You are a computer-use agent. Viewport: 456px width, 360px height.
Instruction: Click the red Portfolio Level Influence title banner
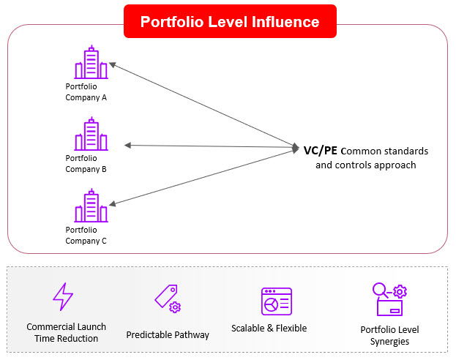click(229, 21)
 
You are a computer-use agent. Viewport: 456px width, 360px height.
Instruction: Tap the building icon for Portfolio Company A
click(91, 63)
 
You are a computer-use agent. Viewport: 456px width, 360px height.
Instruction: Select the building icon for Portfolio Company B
click(91, 135)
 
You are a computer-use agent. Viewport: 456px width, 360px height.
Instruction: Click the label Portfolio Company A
click(86, 91)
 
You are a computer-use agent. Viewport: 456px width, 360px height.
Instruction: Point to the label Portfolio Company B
click(86, 163)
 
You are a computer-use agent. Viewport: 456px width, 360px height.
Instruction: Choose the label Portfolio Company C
click(86, 235)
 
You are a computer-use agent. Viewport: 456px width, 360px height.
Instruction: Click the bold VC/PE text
click(321, 151)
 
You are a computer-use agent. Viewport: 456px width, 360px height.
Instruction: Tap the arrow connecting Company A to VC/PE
click(201, 105)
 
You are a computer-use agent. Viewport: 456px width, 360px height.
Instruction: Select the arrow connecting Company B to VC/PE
click(209, 146)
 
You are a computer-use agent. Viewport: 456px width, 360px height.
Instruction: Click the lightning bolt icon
click(63, 296)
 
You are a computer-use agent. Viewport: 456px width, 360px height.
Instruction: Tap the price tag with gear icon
click(167, 298)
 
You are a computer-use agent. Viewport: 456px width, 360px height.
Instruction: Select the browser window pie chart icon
click(276, 301)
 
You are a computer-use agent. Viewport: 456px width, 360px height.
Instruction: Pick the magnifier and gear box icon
click(389, 301)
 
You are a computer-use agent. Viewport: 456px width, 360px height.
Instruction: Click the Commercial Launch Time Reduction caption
click(66, 332)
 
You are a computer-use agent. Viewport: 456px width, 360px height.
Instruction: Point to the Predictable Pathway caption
click(168, 334)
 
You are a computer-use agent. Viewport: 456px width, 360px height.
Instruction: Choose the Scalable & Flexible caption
click(269, 328)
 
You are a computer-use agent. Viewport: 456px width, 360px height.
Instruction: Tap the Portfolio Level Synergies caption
click(389, 335)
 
